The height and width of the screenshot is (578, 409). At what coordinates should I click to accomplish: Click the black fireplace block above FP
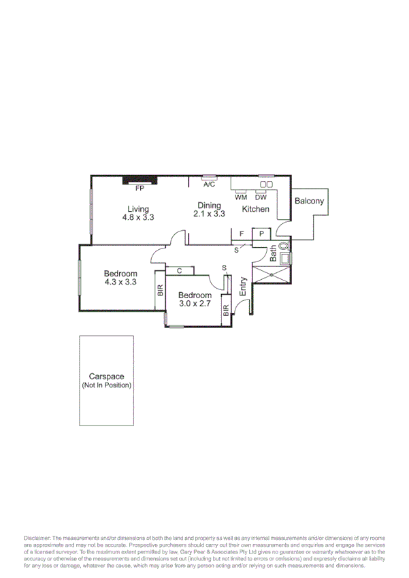140,180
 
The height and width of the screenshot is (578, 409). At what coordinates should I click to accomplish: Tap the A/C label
210,184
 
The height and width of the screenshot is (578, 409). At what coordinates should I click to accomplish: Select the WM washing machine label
242,197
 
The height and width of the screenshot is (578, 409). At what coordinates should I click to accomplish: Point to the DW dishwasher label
261,197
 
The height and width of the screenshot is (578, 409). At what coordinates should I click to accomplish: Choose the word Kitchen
256,209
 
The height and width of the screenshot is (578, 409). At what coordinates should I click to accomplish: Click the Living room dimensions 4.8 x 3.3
139,218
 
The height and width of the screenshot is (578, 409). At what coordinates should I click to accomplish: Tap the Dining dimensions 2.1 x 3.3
210,214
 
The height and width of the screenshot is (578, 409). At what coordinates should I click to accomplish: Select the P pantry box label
262,234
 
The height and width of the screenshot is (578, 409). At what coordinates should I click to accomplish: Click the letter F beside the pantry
242,234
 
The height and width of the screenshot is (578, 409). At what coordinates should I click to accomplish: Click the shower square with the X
272,274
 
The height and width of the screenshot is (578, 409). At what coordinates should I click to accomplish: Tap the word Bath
274,255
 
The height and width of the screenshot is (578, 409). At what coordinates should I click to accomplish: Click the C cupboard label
179,271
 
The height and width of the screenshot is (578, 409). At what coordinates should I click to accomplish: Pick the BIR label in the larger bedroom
161,290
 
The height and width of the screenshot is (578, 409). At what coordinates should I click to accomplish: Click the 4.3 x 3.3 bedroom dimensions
121,281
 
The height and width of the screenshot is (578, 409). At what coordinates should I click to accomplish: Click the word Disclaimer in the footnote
37,538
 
